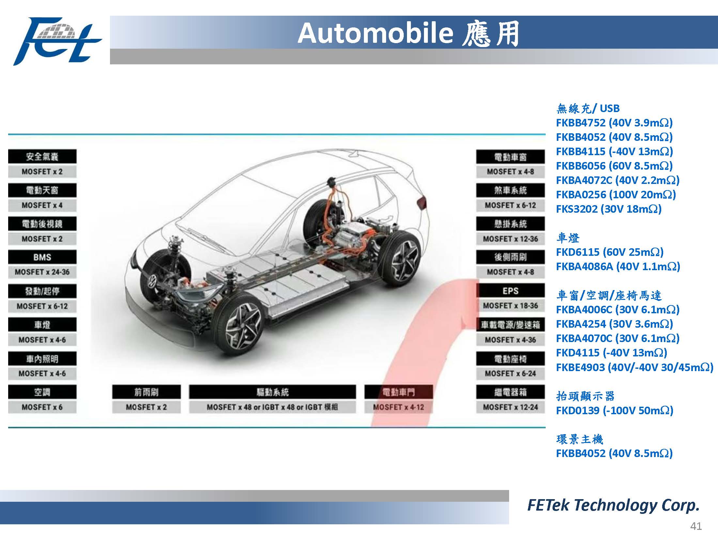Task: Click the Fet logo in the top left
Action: [57, 41]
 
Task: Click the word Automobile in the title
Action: [375, 33]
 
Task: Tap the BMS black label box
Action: [42, 257]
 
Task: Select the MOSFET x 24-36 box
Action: [42, 272]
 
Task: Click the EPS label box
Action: [510, 291]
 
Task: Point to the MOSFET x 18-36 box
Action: [510, 306]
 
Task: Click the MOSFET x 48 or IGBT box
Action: [272, 407]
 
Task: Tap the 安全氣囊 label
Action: [42, 156]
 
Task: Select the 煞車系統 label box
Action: [510, 190]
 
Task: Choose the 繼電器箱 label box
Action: [510, 392]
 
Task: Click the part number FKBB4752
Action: [581, 123]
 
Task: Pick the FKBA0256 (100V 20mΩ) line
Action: [616, 195]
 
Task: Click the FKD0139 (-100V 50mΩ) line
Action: [615, 411]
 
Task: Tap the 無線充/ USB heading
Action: [588, 108]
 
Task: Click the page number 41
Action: [696, 526]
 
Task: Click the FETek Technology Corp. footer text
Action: [614, 505]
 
